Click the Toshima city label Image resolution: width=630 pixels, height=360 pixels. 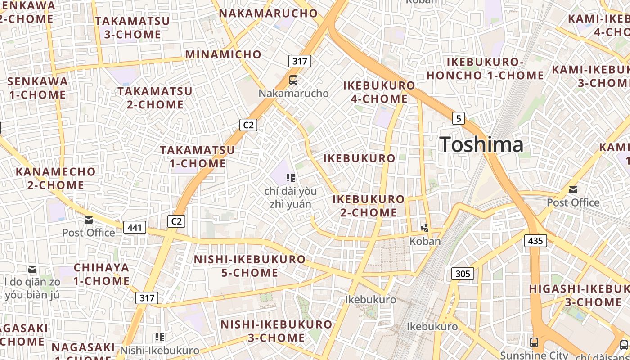click(x=481, y=144)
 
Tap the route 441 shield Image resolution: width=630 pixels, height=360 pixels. click(x=135, y=227)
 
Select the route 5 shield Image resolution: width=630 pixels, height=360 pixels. click(x=458, y=118)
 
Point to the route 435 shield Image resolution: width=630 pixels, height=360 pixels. click(x=535, y=241)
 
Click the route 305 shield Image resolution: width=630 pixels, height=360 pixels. click(x=463, y=274)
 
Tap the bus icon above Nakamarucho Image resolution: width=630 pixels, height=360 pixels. click(x=293, y=80)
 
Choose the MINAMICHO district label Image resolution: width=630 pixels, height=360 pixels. click(x=223, y=54)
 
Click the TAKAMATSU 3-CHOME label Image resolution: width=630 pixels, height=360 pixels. click(x=132, y=27)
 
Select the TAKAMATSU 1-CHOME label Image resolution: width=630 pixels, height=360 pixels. click(x=198, y=156)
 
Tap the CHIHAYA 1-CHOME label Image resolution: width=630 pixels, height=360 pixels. click(x=102, y=274)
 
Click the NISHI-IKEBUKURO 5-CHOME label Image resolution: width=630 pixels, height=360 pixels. click(x=250, y=266)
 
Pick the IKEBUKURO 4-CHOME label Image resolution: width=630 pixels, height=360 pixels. click(x=379, y=92)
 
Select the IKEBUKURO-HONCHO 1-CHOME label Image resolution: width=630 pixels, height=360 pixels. click(x=485, y=68)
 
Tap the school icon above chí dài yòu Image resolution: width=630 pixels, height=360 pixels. click(x=291, y=178)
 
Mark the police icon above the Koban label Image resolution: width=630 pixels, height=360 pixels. click(x=425, y=229)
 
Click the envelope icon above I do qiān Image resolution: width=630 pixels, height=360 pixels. click(x=32, y=269)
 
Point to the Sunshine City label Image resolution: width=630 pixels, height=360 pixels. click(x=534, y=355)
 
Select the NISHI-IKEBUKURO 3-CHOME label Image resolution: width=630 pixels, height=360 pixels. click(x=276, y=331)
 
